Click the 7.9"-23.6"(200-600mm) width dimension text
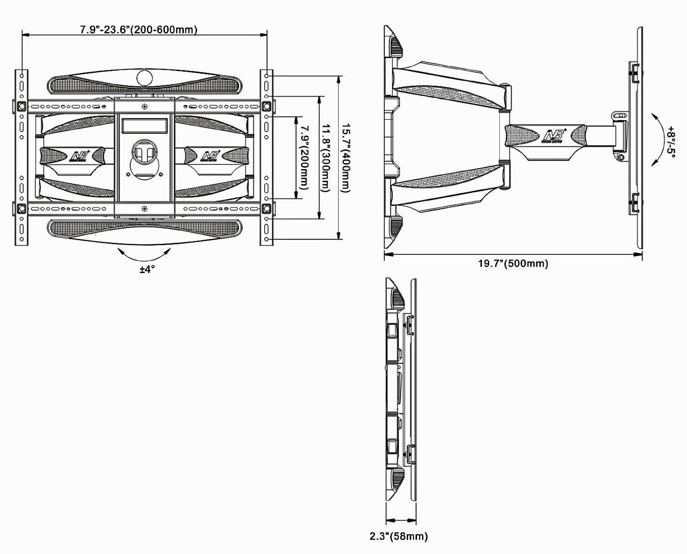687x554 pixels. pyautogui.click(x=139, y=30)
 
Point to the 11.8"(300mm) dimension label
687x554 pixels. pyautogui.click(x=325, y=158)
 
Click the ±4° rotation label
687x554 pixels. pyautogui.click(x=147, y=269)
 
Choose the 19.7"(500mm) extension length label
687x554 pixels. pyautogui.click(x=513, y=263)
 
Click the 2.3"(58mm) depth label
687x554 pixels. pyautogui.click(x=398, y=536)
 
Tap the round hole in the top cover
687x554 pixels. pyautogui.click(x=144, y=79)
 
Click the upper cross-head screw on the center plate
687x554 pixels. pyautogui.click(x=145, y=107)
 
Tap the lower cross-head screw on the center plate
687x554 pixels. pyautogui.click(x=145, y=209)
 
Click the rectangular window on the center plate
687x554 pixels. pyautogui.click(x=144, y=125)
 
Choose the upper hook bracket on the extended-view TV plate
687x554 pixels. pyautogui.click(x=634, y=73)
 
